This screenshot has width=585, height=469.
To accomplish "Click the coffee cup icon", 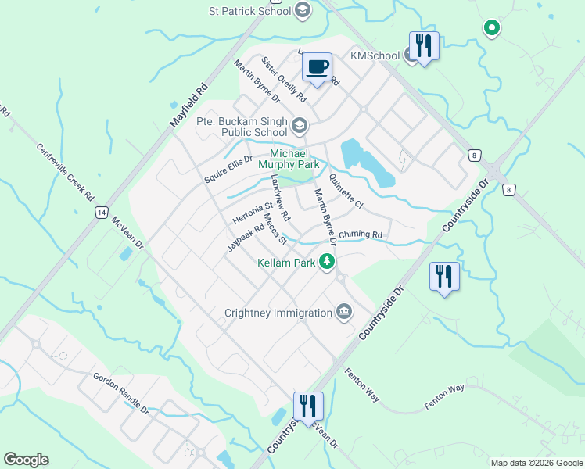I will point(317,67).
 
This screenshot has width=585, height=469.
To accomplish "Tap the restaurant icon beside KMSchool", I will point(424,45).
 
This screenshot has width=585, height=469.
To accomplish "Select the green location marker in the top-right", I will point(491,28).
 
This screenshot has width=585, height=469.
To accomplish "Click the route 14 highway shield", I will point(101,212).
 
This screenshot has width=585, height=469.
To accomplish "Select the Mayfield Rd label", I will point(188,106).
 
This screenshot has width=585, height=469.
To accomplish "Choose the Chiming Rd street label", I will point(360,235).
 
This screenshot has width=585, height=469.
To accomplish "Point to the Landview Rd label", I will point(279,198).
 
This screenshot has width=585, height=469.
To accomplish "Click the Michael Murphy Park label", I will point(295,159).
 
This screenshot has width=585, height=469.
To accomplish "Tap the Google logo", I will point(26,460).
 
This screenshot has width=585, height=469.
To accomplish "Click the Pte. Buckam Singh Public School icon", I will point(299,126).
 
